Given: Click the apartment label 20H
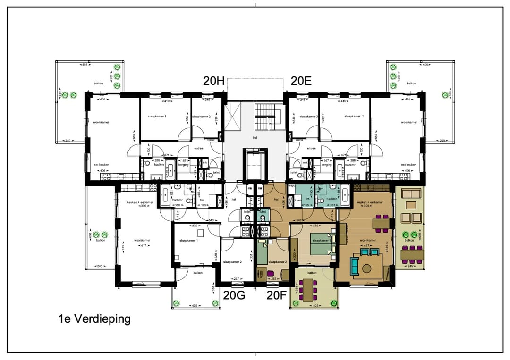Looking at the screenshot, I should pyautogui.click(x=213, y=81).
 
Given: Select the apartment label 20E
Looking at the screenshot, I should pyautogui.click(x=301, y=81).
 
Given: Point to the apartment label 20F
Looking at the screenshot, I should pyautogui.click(x=277, y=295).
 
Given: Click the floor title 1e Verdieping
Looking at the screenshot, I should pyautogui.click(x=92, y=319).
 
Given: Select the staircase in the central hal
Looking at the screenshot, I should pyautogui.click(x=267, y=117).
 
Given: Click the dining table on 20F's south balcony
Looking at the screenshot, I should pyautogui.click(x=309, y=289).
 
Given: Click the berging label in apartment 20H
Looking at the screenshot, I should pyautogui.click(x=184, y=165).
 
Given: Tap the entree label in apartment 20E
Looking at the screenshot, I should pyautogui.click(x=311, y=148).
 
